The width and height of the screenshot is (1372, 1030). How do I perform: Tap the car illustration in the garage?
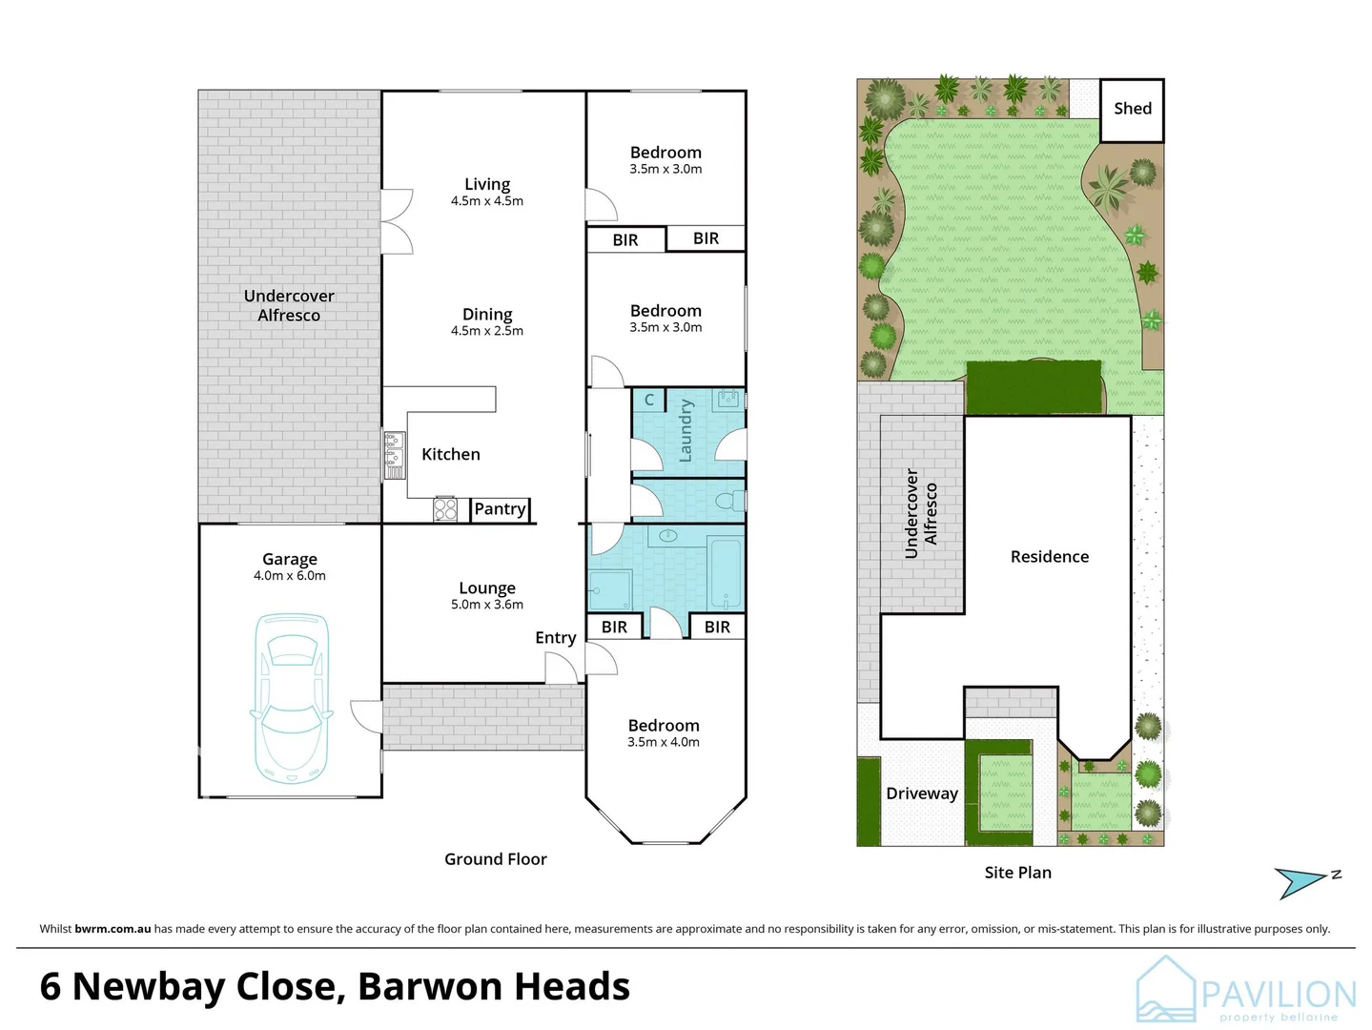tap(291, 696)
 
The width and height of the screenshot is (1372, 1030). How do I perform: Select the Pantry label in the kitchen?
tap(500, 509)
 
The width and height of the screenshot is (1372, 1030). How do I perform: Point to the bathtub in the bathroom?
tap(726, 572)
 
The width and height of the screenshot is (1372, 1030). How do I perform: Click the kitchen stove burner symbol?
tap(445, 509)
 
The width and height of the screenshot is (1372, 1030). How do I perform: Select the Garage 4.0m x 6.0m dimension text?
tap(290, 576)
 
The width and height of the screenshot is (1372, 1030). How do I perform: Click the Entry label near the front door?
tap(555, 638)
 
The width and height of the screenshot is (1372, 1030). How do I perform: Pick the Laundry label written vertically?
tap(686, 431)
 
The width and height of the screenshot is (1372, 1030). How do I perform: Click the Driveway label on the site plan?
tap(921, 793)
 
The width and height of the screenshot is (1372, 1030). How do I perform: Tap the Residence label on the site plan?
tap(1049, 557)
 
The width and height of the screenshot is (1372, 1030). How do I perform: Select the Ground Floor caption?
tap(495, 859)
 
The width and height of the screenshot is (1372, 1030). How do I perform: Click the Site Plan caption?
tap(1017, 873)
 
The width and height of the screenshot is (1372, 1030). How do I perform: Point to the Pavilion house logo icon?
tap(1165, 990)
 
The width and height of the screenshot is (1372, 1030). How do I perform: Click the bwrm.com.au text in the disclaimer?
tap(113, 929)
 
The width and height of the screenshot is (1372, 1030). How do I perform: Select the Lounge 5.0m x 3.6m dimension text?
tap(486, 605)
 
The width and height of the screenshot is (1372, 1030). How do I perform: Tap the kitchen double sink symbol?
tap(394, 455)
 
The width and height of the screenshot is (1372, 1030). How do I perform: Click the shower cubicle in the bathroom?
tap(609, 590)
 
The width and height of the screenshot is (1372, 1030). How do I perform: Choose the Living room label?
tap(486, 184)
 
